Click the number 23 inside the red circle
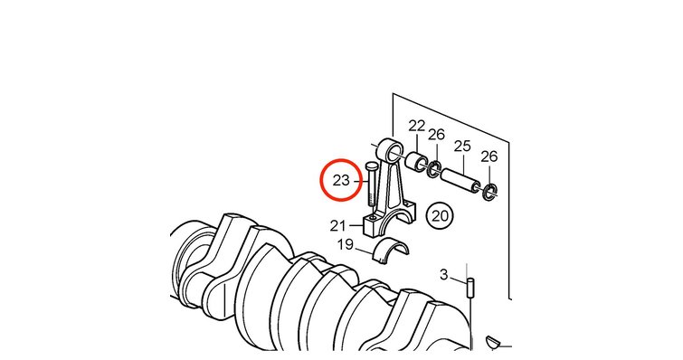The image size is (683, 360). (341, 180)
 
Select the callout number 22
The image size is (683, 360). (416, 127)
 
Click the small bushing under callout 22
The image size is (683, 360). (415, 161)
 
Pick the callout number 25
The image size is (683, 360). (462, 146)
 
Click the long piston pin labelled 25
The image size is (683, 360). (460, 181)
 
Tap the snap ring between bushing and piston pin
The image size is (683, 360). (434, 169)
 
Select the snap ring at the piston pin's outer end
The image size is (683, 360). (490, 193)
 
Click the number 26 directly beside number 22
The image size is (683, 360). (436, 135)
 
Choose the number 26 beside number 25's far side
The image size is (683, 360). (489, 156)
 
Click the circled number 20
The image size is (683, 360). (440, 215)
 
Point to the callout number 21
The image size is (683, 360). (338, 226)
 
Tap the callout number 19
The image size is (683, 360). (346, 244)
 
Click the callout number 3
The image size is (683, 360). (444, 275)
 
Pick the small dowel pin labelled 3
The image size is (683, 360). (470, 288)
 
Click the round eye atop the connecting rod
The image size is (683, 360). (391, 150)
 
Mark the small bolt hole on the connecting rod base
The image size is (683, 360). (373, 218)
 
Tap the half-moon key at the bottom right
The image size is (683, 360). (495, 342)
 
